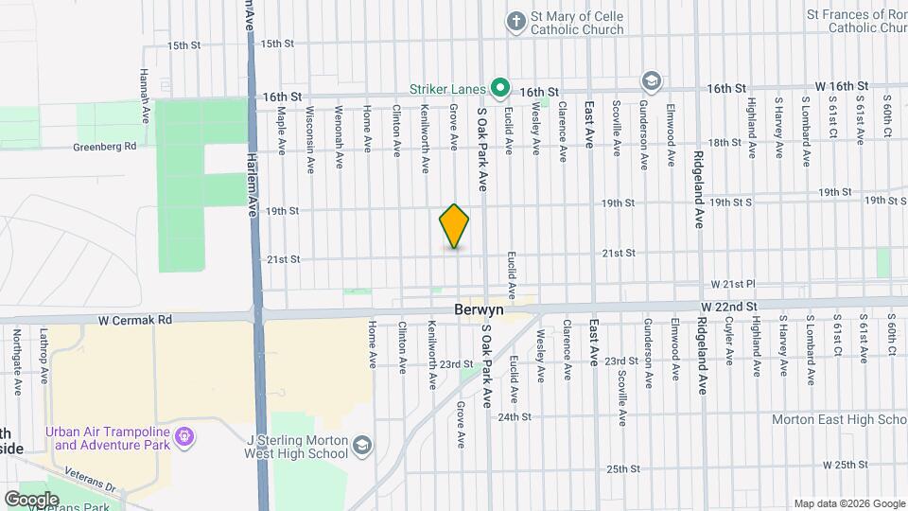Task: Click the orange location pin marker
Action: pos(454,226)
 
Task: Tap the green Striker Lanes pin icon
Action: pos(501,89)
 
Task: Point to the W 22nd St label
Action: pos(729,308)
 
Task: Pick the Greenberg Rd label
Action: pos(105,147)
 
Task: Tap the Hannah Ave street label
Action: pos(145,85)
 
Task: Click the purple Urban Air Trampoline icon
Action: pos(185,437)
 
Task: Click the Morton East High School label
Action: pos(839,419)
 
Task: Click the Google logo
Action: pos(31,499)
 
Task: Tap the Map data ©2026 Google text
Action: pos(849,503)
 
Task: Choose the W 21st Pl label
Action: pos(734,284)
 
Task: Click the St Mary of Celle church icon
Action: pos(515,19)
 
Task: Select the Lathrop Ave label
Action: pos(44,350)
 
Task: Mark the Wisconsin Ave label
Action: pos(309,139)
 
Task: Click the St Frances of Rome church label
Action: pos(857,21)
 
